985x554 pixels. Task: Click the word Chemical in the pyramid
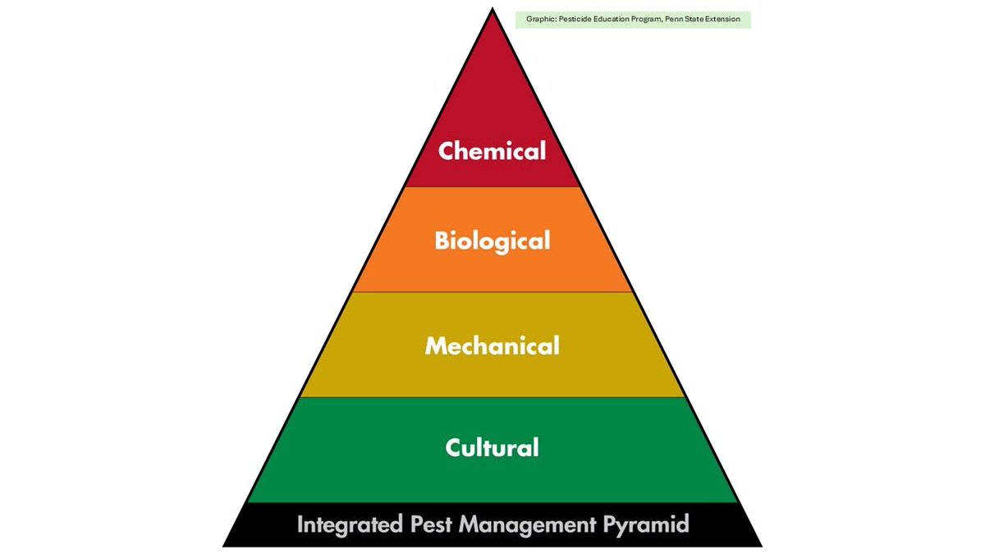(x=492, y=152)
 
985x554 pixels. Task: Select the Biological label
(x=492, y=241)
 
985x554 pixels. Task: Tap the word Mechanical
(x=492, y=346)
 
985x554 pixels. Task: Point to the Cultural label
(x=492, y=447)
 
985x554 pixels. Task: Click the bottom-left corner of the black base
(x=224, y=546)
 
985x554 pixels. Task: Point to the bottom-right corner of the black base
(x=761, y=546)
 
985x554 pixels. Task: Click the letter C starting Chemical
(x=446, y=152)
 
